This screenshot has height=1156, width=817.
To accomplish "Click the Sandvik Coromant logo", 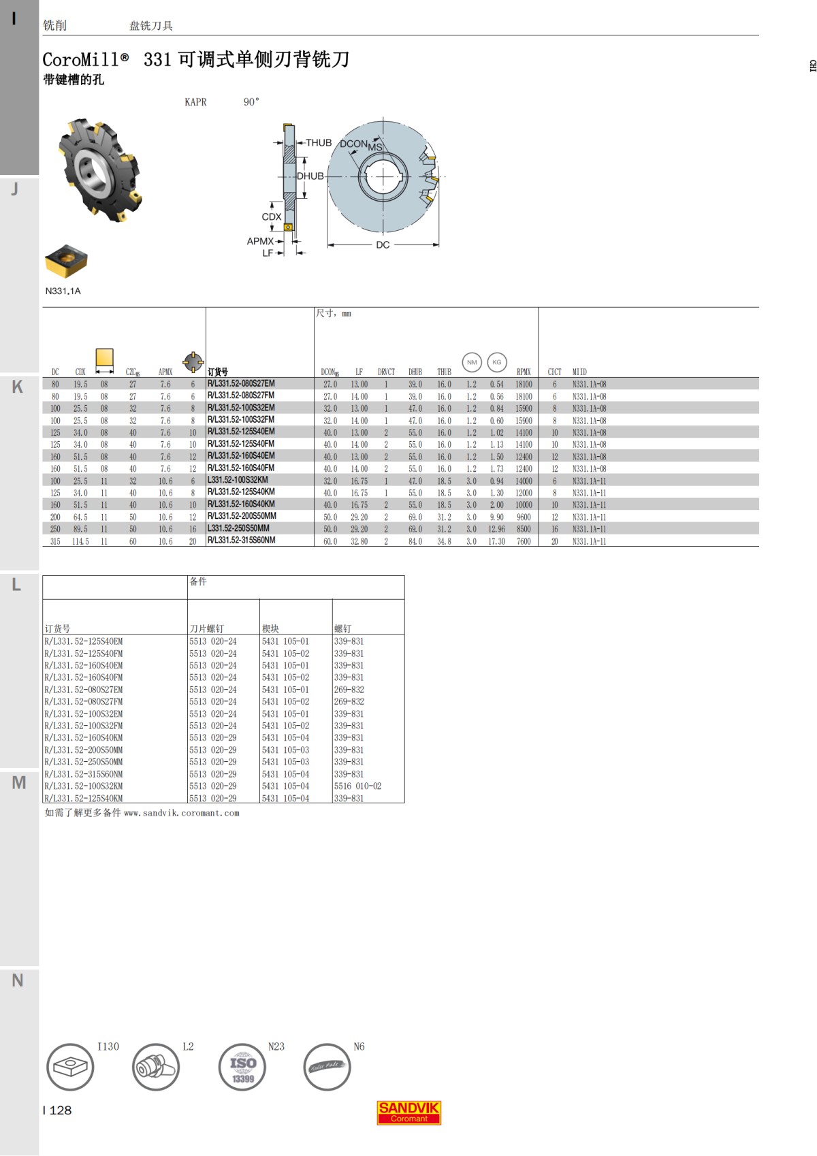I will (x=408, y=1112).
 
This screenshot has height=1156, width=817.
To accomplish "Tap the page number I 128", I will (x=58, y=1110).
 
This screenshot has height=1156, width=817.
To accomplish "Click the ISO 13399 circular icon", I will (x=242, y=1067).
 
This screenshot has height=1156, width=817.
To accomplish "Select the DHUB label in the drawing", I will (x=310, y=176).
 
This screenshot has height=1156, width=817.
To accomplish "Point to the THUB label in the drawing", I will (x=319, y=142).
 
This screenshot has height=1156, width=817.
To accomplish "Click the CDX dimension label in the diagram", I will (x=271, y=216).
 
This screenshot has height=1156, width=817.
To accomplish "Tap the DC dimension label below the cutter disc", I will (x=383, y=244).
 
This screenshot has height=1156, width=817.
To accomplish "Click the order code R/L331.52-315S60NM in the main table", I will (x=241, y=541).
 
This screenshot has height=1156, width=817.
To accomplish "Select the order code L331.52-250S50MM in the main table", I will (x=238, y=528).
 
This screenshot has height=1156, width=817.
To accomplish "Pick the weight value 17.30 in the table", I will (x=496, y=541).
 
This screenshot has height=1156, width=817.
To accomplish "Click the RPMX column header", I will (x=523, y=372).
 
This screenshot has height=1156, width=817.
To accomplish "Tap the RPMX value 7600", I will (x=523, y=541).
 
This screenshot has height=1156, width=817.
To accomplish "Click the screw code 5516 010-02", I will (x=357, y=786).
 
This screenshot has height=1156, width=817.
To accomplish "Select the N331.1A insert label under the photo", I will (x=63, y=291).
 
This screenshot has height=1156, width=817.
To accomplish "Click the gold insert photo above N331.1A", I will (x=66, y=261).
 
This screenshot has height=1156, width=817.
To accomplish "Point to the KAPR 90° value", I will (x=251, y=102).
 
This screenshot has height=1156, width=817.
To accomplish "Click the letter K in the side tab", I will (x=18, y=387).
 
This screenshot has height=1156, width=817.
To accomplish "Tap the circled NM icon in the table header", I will (x=472, y=362).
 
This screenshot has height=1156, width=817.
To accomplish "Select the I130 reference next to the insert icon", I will (x=108, y=1046).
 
